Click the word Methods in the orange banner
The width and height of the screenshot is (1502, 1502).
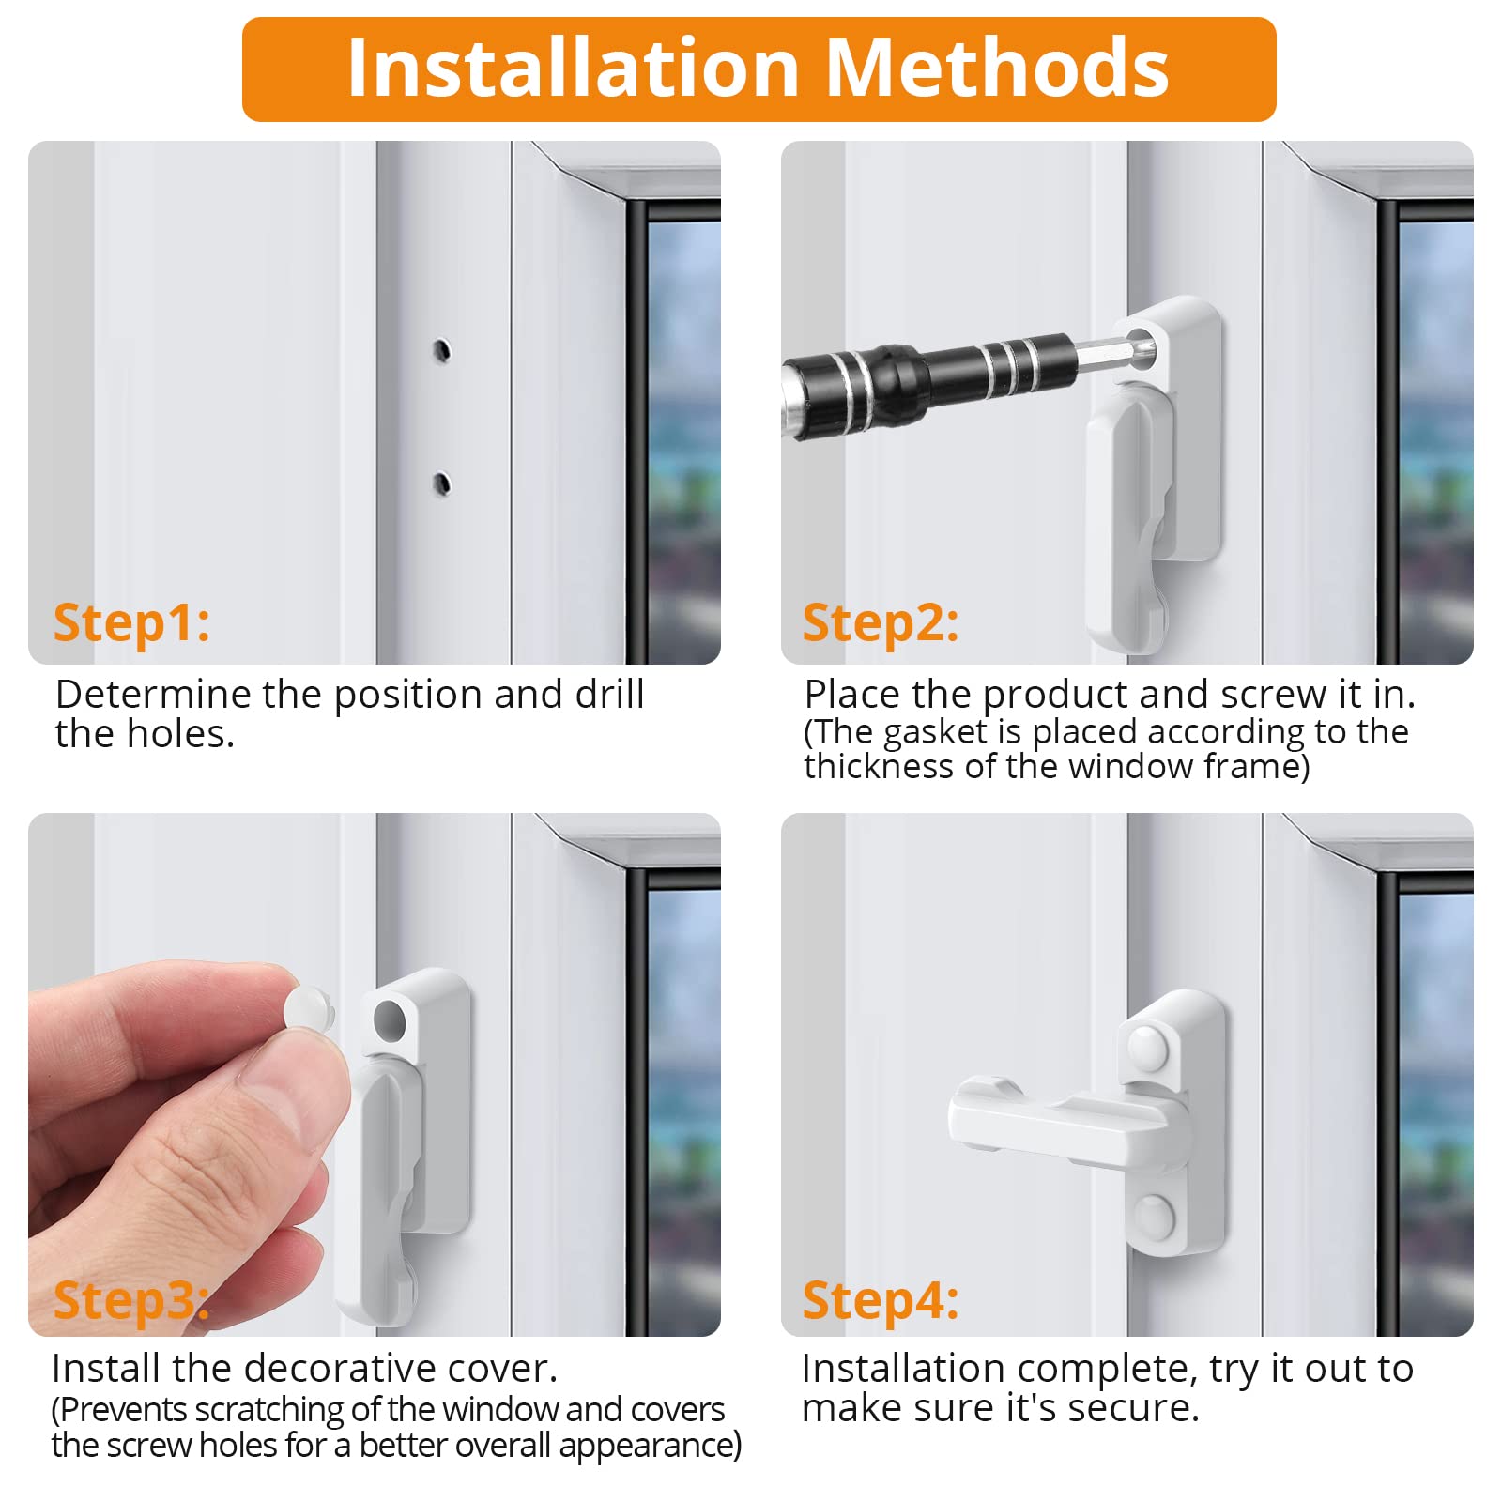pyautogui.click(x=997, y=68)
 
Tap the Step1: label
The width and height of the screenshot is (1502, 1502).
pyautogui.click(x=131, y=623)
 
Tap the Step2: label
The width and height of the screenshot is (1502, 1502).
pyautogui.click(x=881, y=623)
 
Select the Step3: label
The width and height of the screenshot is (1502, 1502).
pyautogui.click(x=131, y=1301)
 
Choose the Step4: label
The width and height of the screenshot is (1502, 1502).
pyautogui.click(x=881, y=1301)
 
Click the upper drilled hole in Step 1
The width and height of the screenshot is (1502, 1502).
pyautogui.click(x=441, y=351)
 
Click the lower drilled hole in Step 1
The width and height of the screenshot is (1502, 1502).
pyautogui.click(x=441, y=484)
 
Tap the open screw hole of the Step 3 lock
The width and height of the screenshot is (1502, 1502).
pyautogui.click(x=388, y=1019)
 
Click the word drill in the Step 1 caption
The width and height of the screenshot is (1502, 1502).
pyautogui.click(x=609, y=695)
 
